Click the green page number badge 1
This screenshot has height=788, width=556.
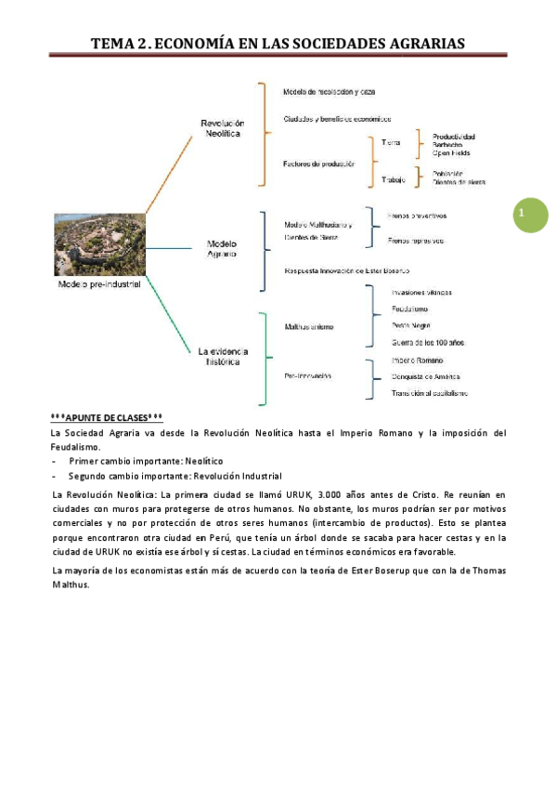pos(530,216)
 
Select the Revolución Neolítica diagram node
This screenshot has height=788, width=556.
pos(222,128)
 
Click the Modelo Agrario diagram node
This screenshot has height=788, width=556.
pos(221,248)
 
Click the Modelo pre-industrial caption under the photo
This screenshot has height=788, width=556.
pos(99,284)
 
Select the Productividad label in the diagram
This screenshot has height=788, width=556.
pos(454,136)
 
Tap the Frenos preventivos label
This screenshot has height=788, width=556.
pos(417,216)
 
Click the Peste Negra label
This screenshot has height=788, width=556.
pos(410,325)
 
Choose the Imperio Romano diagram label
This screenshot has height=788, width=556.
pos(418,360)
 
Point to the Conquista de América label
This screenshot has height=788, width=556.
pos(425,376)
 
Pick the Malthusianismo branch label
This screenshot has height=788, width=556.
pos(309,326)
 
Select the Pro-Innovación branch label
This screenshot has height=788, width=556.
pos(307,375)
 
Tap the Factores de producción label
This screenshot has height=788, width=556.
pos(319,164)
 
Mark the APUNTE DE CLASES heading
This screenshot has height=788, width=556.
pos(108,418)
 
